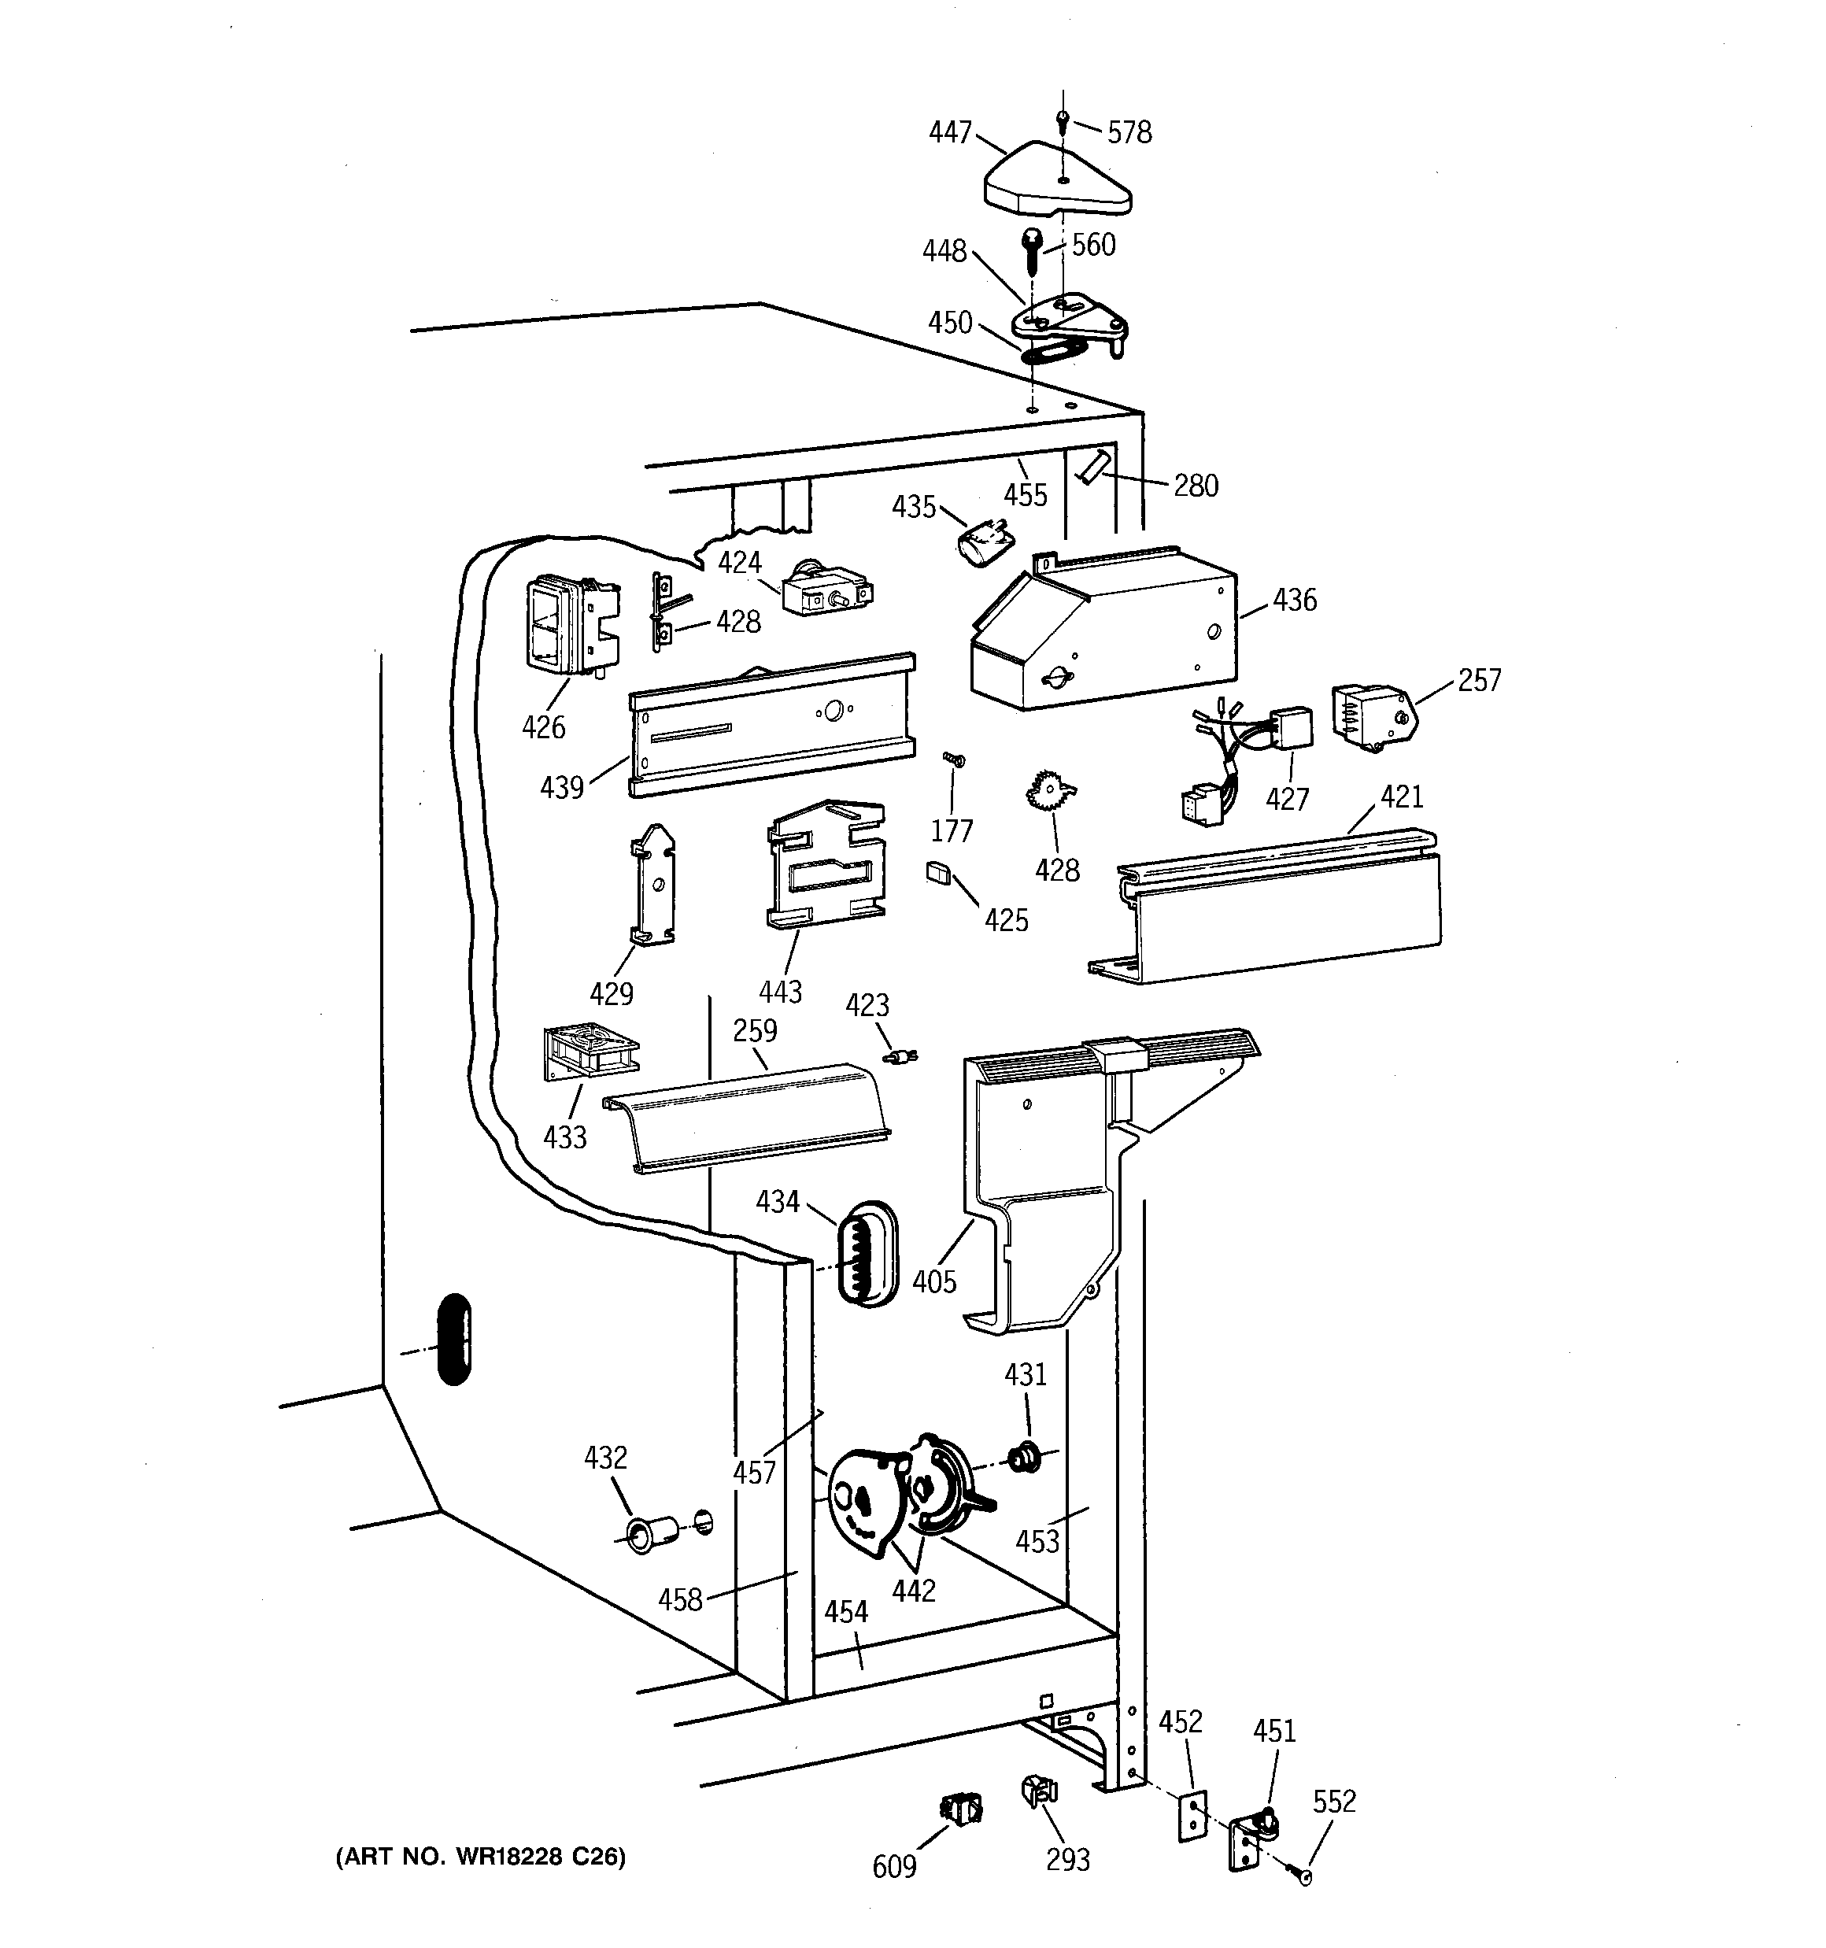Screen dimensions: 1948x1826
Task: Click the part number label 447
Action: tap(950, 131)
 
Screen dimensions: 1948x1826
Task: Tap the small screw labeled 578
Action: tap(1063, 120)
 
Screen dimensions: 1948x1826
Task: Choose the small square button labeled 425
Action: tap(938, 872)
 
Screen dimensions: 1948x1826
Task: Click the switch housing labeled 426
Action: tap(568, 625)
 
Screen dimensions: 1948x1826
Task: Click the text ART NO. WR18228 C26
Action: tap(480, 1856)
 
